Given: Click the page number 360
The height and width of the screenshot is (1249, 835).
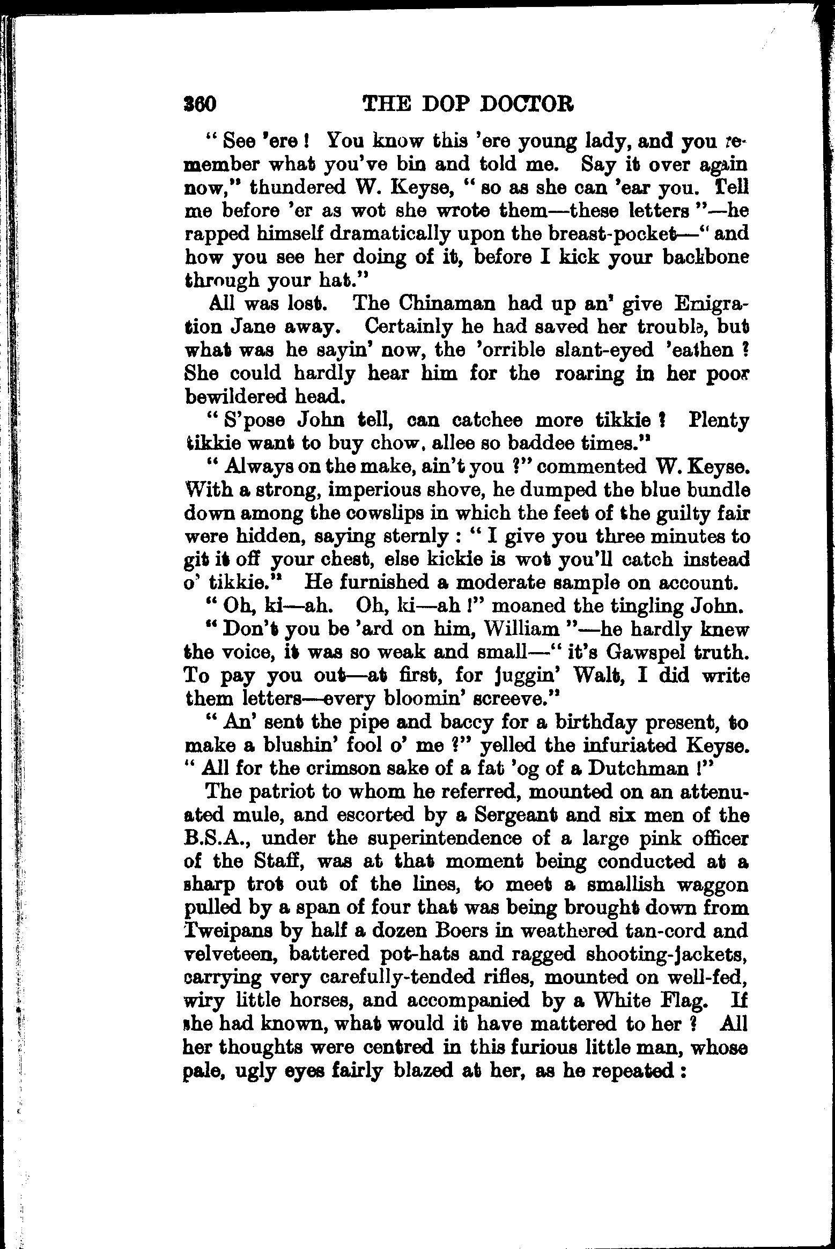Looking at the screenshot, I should coord(199,104).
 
